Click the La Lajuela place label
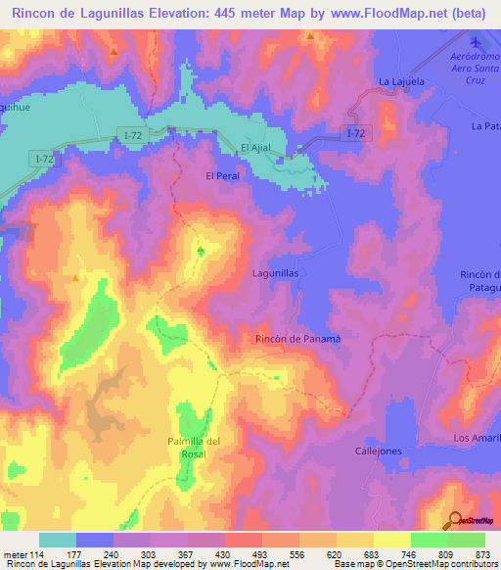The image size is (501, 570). coord(401,81)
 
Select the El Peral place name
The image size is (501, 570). coord(222,175)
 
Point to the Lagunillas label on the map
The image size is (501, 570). coord(275,274)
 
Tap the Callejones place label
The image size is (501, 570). coord(377,451)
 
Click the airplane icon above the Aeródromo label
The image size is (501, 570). coord(477,43)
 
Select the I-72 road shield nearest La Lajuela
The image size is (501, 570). coord(358,130)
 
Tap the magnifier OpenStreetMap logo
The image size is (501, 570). coord(455,520)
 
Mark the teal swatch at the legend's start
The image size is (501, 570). coord(58,540)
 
